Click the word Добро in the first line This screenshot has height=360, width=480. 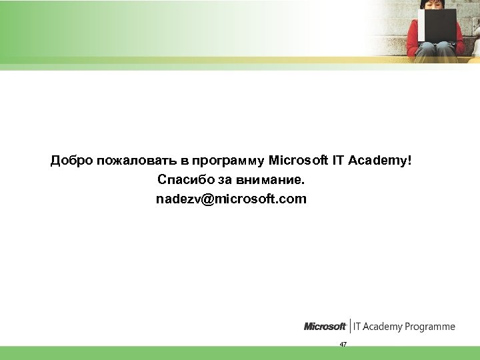coord(72,161)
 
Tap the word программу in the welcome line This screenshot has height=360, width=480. coord(228,161)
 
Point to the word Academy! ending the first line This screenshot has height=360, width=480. coord(383,161)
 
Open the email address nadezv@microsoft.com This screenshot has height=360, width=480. coord(231,199)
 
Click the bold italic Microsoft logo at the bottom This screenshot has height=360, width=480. coord(325,327)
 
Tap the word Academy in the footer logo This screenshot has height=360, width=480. coord(385,327)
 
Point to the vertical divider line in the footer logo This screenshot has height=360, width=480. coord(350,326)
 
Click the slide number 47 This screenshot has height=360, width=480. coord(343,344)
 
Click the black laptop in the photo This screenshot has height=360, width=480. coord(437,25)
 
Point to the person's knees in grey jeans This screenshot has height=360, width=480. coord(437,48)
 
